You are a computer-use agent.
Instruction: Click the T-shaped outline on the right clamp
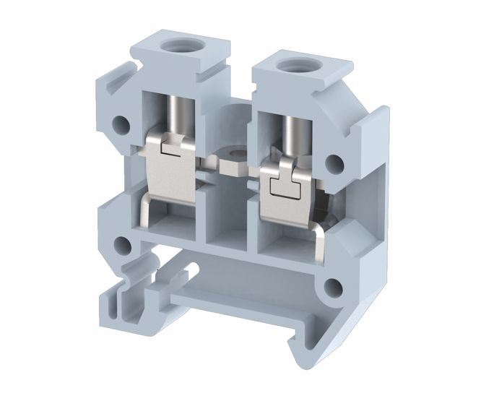pyautogui.click(x=283, y=185)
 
